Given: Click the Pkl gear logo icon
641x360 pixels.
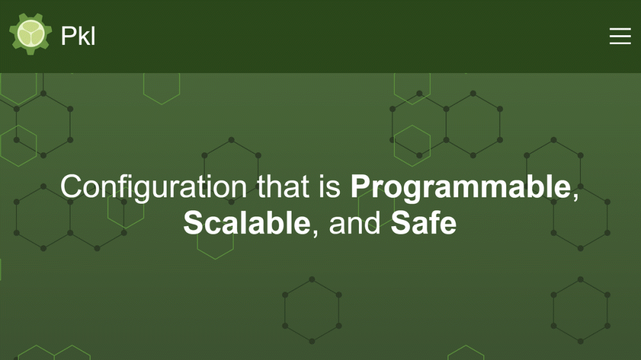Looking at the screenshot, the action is (31, 34).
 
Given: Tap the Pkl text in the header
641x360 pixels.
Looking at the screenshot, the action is (78, 36).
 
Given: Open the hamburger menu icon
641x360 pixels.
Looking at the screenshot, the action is (620, 36).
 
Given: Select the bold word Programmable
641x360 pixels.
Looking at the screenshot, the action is (461, 187).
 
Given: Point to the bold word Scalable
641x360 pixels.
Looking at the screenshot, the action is (247, 223).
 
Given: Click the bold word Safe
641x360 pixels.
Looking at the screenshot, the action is (424, 223).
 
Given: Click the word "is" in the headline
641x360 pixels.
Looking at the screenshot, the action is (330, 187).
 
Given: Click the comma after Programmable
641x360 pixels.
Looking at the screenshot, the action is (575, 196).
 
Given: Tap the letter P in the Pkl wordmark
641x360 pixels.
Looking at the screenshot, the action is (69, 36).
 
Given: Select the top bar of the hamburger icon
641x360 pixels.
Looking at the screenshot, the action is (620, 29).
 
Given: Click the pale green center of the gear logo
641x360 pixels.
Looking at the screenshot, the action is (31, 33).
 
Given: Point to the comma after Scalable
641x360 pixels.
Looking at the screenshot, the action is (315, 233).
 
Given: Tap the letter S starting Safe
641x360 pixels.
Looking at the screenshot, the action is (400, 223).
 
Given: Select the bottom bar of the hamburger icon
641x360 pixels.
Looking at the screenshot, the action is (620, 43).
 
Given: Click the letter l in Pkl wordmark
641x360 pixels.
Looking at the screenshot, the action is (94, 36).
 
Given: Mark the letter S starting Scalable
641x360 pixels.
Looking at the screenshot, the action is (192, 223).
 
